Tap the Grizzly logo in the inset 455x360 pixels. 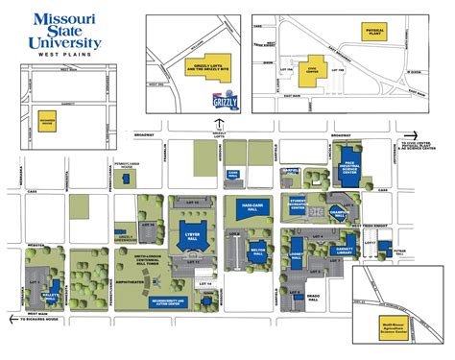223,100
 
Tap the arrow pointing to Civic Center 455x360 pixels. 410,135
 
